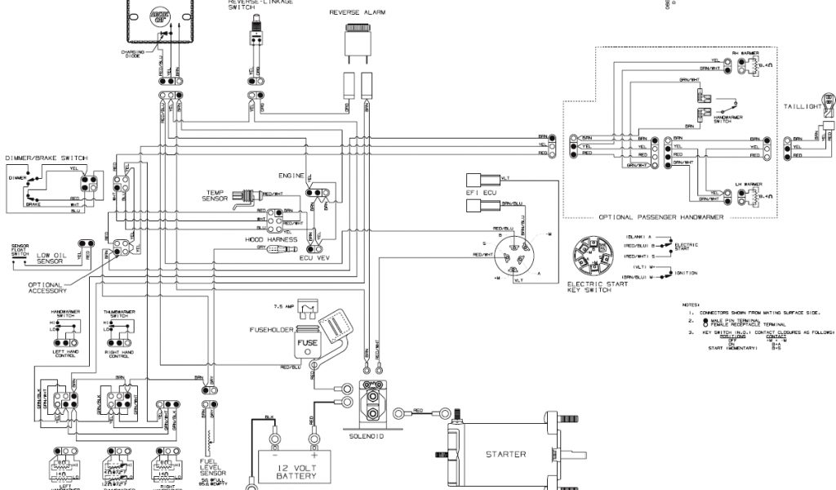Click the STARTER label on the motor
pyautogui.click(x=505, y=454)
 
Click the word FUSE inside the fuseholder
pyautogui.click(x=308, y=342)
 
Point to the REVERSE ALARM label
pyautogui.click(x=358, y=13)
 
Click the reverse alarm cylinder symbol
pyautogui.click(x=357, y=40)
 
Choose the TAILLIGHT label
pyautogui.click(x=803, y=106)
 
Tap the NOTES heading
pyautogui.click(x=692, y=304)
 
